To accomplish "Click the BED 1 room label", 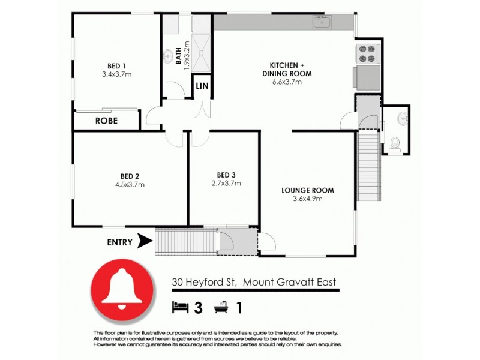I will click(116, 65).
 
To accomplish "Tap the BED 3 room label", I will click(226, 175).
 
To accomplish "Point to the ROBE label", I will click(106, 121).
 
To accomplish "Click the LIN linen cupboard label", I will click(202, 86).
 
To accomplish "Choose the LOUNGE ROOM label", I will click(308, 191).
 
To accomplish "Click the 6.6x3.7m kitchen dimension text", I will click(286, 82).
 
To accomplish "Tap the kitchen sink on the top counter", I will click(321, 23).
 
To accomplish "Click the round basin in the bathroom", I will click(167, 56).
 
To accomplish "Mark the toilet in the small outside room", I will click(395, 142).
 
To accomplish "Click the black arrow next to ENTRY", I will click(144, 242).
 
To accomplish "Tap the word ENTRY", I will click(120, 242).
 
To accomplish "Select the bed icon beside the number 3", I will click(179, 308).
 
